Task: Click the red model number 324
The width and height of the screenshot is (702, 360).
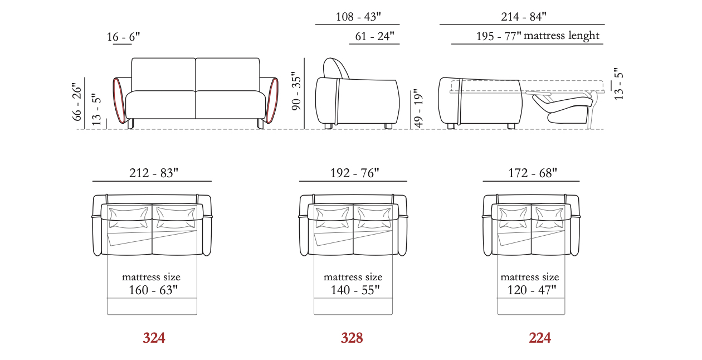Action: (154, 338)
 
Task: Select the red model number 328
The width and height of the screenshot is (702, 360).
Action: (352, 338)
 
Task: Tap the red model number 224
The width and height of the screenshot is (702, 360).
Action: (540, 338)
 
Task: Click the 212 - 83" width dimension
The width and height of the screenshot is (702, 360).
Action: (154, 173)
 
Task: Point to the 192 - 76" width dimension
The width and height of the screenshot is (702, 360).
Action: (354, 173)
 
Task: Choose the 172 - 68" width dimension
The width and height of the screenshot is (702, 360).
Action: (533, 173)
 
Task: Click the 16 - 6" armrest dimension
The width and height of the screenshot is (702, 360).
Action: (123, 37)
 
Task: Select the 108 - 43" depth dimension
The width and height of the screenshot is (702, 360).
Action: (358, 17)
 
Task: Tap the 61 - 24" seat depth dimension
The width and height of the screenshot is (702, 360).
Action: (374, 36)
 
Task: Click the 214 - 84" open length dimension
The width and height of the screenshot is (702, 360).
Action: (523, 17)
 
